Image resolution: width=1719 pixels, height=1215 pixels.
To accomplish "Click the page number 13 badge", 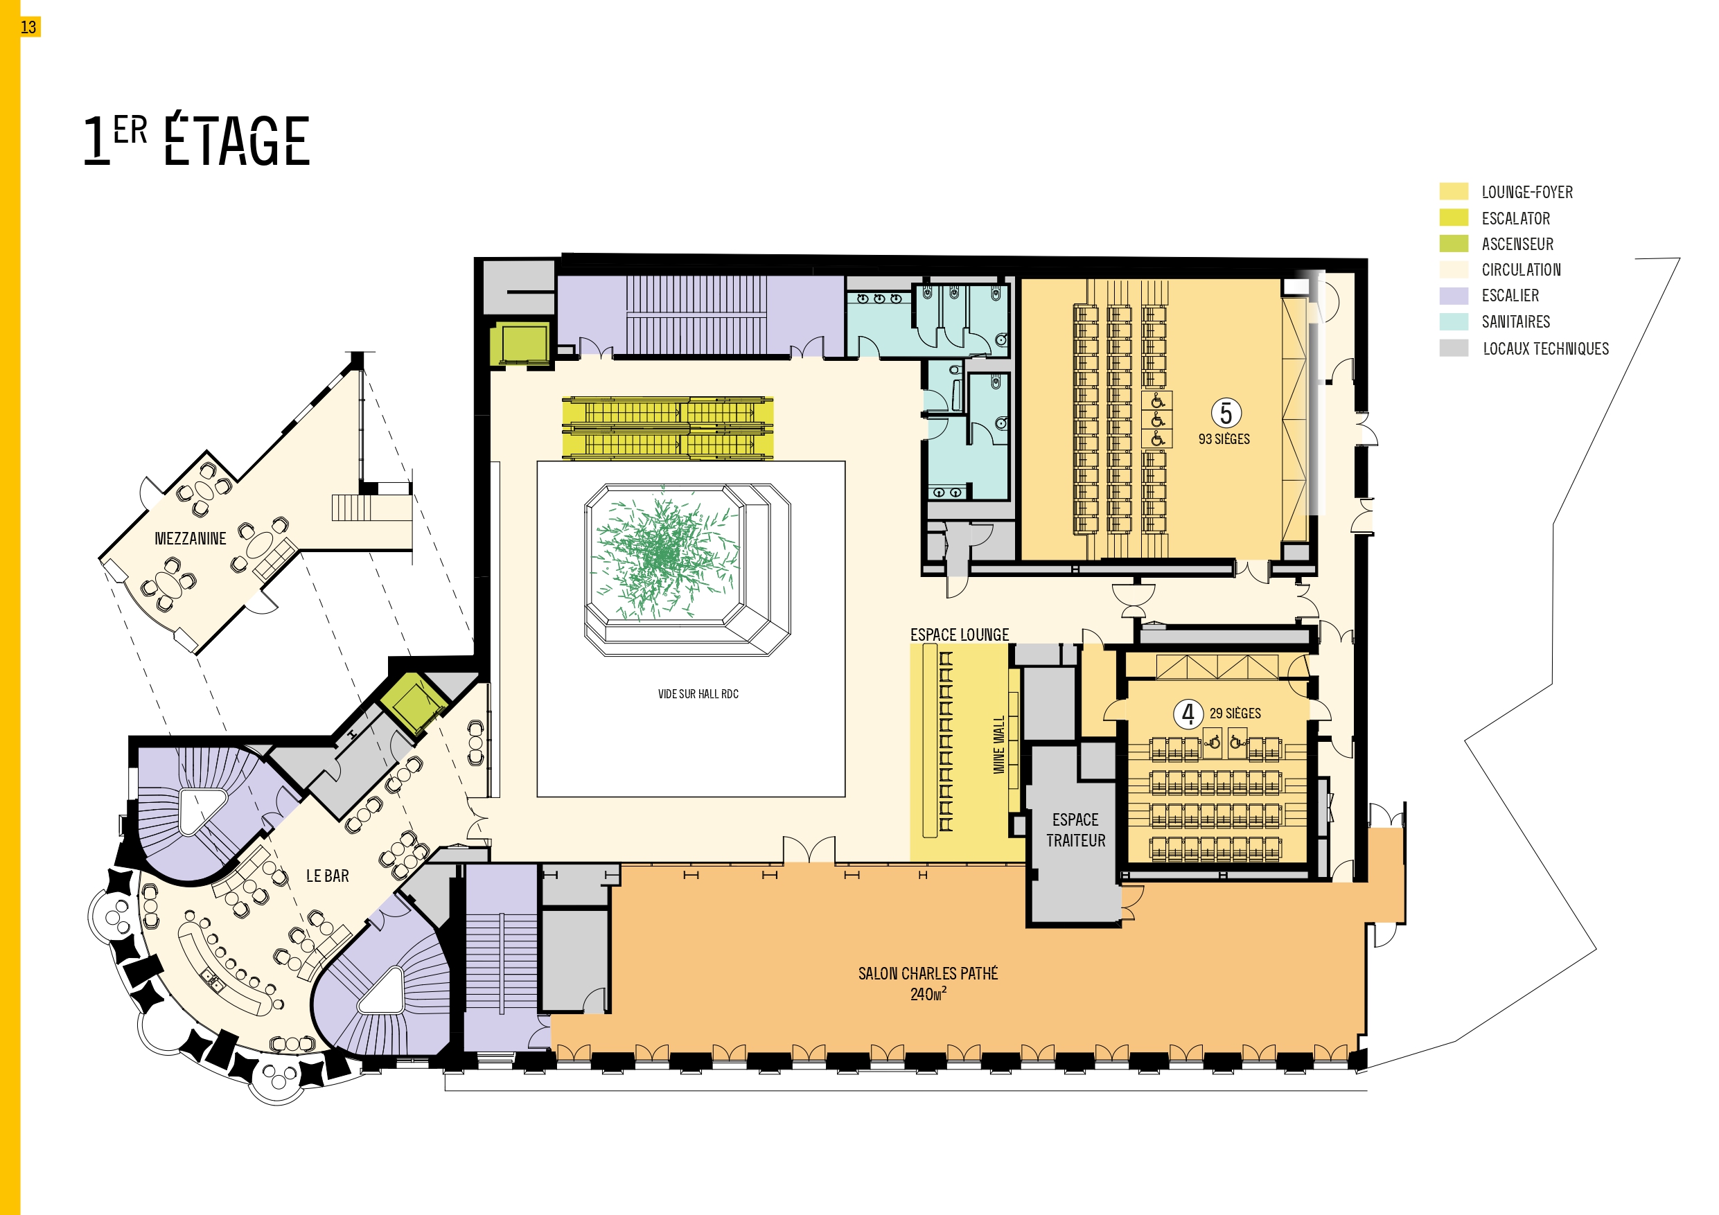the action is pos(28,28).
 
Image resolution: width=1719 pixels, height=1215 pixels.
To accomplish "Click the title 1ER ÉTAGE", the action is pos(197,139).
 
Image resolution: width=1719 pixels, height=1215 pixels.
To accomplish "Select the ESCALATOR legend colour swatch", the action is pos(1453,217).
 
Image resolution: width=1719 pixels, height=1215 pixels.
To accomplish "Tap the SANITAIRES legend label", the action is pos(1515,322).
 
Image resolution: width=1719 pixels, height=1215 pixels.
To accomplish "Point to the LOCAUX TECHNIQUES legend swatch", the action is pos(1453,348).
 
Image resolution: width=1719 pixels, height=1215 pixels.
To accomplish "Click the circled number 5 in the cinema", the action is pos(1226,412).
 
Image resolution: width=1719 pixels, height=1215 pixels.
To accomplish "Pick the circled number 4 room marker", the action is pos(1188,713).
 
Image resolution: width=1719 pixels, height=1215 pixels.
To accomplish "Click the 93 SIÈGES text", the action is pos(1224,439).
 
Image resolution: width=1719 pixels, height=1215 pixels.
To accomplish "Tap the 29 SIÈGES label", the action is pos(1235,713).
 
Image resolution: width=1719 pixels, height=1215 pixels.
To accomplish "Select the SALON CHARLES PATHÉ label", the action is pos(928,973).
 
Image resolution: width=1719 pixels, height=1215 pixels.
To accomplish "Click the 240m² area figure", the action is pos(928,994).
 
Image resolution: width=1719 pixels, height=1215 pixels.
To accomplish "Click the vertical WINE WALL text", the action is pos(998,745).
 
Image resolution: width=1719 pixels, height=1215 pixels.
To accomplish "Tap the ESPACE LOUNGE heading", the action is pos(959,635).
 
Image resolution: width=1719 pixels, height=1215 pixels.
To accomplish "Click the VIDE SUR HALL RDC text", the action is pos(698,694).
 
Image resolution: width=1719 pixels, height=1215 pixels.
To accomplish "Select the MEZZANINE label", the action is pos(190,538).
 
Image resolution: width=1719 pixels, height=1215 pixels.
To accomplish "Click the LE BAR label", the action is pos(327,876).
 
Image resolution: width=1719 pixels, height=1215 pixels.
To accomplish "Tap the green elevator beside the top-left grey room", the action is pos(522,344).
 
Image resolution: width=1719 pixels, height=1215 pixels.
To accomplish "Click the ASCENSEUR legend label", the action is pos(1517,244).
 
